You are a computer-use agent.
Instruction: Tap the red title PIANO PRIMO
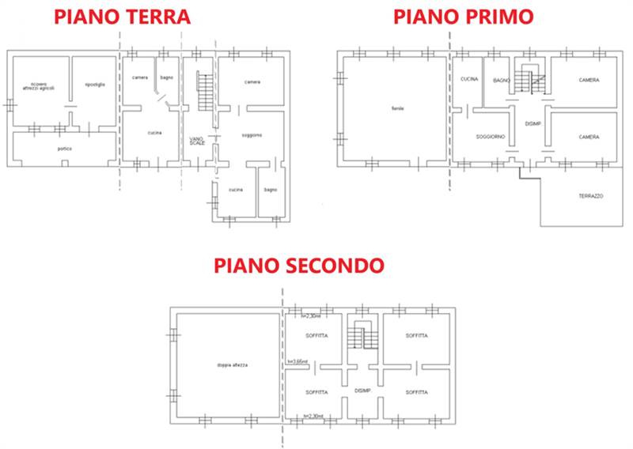pyautogui.click(x=463, y=15)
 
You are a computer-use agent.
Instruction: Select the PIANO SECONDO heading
pyautogui.click(x=299, y=266)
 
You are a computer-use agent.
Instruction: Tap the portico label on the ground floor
pyautogui.click(x=65, y=149)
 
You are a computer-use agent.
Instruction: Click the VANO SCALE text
pyautogui.click(x=197, y=141)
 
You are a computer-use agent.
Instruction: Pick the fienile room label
pyautogui.click(x=397, y=108)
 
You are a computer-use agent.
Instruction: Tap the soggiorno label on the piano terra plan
pyautogui.click(x=252, y=135)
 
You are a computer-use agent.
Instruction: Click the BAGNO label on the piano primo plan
pyautogui.click(x=500, y=81)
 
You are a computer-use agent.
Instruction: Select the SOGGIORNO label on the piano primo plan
pyautogui.click(x=491, y=137)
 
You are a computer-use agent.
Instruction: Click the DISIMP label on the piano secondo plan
pyautogui.click(x=363, y=391)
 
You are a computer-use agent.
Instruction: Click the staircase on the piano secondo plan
pyautogui.click(x=364, y=337)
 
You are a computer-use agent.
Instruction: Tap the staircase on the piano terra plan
pyautogui.click(x=205, y=92)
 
